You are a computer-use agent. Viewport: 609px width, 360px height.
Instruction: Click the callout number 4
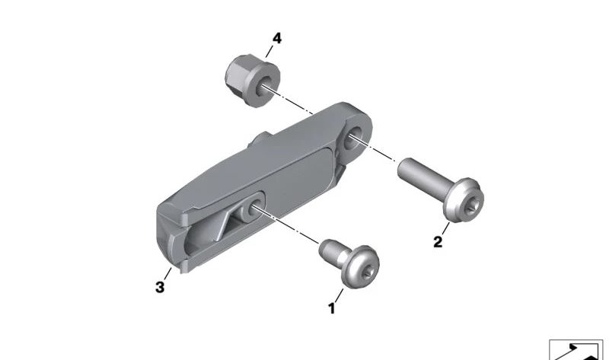(x=276, y=39)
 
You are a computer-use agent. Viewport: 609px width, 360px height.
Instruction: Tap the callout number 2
(x=438, y=242)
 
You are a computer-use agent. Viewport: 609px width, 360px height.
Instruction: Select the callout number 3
(x=160, y=288)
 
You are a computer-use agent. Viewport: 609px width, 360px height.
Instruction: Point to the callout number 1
(x=331, y=308)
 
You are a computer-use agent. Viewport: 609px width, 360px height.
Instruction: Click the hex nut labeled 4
(x=253, y=81)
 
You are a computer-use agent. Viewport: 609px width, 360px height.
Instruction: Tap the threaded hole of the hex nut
(x=266, y=87)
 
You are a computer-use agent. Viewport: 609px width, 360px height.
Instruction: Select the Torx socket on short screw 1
(x=367, y=274)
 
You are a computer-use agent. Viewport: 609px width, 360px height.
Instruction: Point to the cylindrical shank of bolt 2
(x=423, y=174)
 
